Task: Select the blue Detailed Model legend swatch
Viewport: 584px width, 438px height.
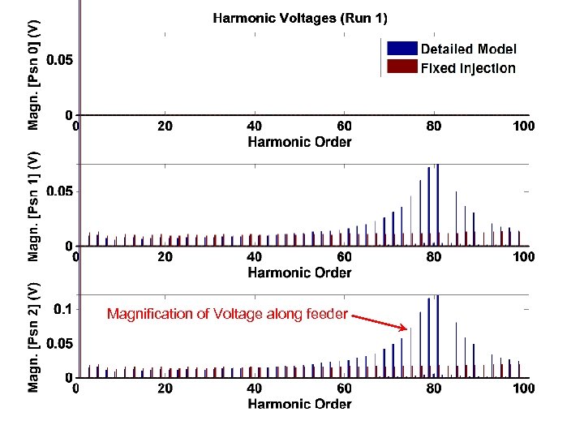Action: coord(402,49)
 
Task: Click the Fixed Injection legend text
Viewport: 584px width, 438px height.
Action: coord(467,68)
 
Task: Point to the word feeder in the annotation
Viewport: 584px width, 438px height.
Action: coord(325,314)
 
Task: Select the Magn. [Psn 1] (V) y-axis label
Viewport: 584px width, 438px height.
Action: coord(33,205)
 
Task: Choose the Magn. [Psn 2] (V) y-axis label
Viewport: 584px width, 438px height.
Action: coord(33,337)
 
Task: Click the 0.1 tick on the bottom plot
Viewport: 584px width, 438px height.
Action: coord(62,309)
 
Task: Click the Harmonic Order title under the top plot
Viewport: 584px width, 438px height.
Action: coord(299,143)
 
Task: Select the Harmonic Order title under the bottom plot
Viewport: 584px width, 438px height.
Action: coord(299,404)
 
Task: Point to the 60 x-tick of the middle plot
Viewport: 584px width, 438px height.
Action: coord(345,257)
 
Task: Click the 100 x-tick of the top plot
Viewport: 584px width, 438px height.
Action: coord(523,127)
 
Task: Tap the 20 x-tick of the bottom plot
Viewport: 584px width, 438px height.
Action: coord(165,389)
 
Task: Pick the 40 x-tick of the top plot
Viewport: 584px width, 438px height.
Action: coord(255,127)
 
